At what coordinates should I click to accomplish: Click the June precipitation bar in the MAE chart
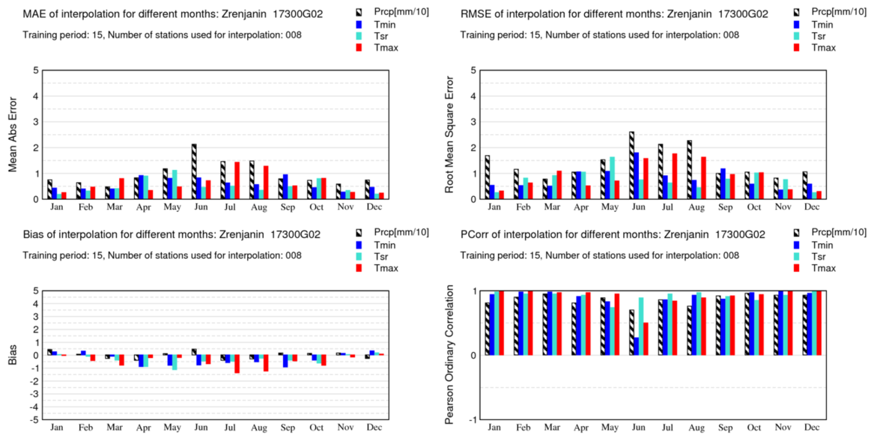click(x=194, y=171)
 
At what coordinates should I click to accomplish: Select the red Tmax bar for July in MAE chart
click(x=237, y=180)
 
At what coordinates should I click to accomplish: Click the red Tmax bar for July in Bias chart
click(x=237, y=364)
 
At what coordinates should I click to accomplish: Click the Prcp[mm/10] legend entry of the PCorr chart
click(x=835, y=233)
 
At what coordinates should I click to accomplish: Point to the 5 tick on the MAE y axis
click(x=35, y=70)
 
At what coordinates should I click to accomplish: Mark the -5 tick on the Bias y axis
click(x=34, y=420)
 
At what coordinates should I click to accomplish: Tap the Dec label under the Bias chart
click(x=374, y=428)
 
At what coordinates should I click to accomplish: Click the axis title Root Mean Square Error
click(x=451, y=135)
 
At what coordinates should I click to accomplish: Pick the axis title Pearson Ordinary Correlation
click(x=451, y=356)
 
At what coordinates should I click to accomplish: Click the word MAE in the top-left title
click(x=34, y=14)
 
